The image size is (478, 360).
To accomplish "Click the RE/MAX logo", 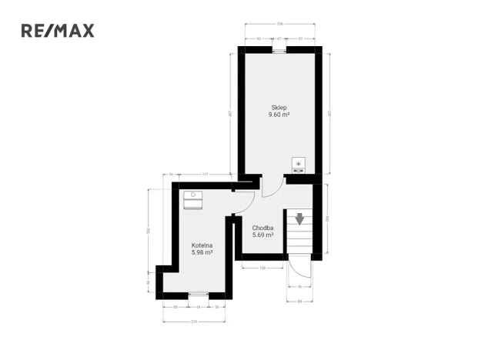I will click(57, 31).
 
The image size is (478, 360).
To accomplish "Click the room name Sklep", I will click(279, 107).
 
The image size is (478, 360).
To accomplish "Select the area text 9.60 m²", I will click(279, 115).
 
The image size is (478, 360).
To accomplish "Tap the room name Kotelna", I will click(202, 245).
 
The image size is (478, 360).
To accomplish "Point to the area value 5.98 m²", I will click(202, 252).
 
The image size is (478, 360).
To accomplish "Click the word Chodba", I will click(263, 228).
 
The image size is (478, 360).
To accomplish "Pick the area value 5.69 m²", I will click(263, 235).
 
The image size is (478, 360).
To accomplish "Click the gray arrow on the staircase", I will click(299, 219).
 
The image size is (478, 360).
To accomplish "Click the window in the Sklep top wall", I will click(279, 50).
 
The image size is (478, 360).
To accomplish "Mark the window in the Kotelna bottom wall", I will click(198, 294).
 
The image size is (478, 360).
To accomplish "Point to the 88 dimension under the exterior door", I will click(300, 302).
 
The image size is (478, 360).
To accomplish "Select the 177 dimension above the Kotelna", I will click(206, 175).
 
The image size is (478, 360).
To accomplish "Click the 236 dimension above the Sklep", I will click(281, 25).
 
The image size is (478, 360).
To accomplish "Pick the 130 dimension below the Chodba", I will click(262, 268).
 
